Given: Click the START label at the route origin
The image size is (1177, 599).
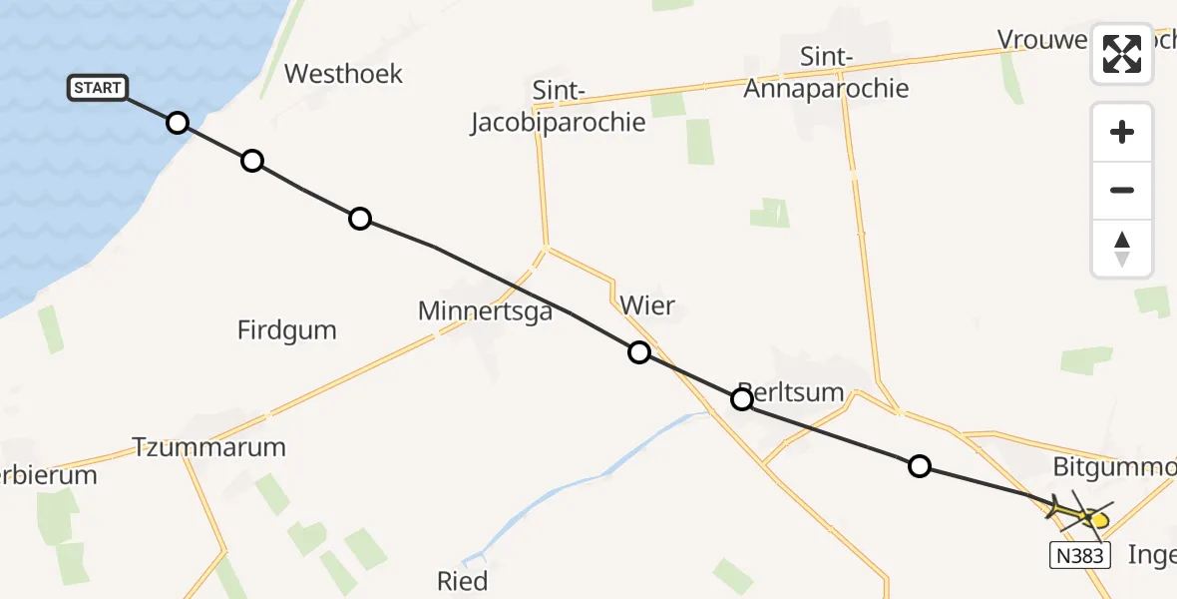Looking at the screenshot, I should [98, 88].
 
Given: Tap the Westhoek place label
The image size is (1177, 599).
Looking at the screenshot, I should [343, 73].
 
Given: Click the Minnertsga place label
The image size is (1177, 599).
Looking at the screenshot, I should [485, 311].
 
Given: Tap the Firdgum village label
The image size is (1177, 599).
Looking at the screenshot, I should [287, 329].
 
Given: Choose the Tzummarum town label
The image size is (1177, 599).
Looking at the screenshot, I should [209, 446].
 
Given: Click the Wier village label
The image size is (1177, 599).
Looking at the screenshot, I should [646, 305].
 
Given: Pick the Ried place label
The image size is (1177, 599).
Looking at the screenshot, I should [463, 581].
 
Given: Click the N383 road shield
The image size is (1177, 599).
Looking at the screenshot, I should [1080, 555].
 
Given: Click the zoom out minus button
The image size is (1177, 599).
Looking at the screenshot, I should [1122, 190].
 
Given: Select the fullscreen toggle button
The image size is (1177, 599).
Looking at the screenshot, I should [1122, 54].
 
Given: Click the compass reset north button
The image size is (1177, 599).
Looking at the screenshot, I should [1122, 248].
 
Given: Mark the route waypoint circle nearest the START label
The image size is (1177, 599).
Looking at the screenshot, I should [177, 123].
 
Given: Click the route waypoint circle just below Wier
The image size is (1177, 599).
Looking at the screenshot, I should [639, 351].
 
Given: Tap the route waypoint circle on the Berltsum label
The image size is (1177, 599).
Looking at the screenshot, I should [742, 399].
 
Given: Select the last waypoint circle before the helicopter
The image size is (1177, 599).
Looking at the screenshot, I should [920, 465].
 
